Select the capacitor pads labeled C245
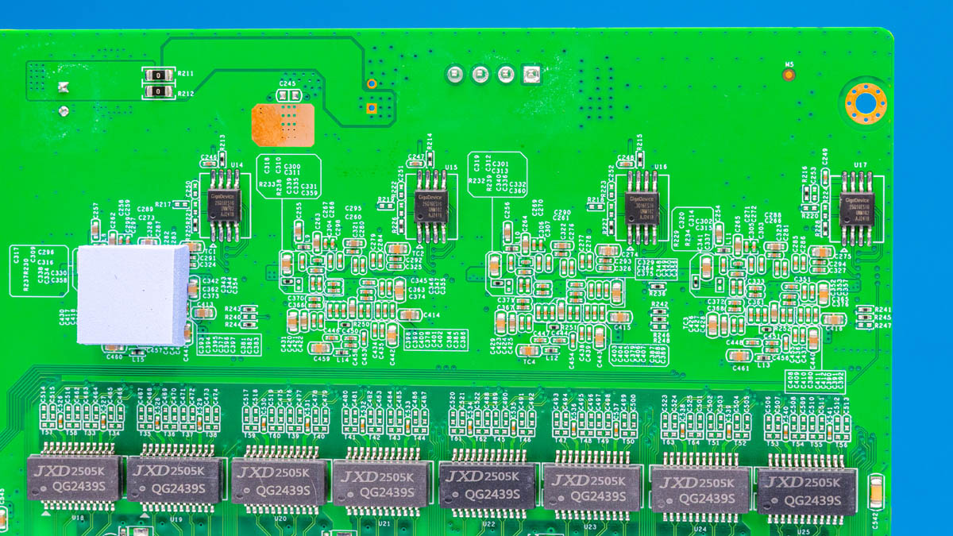[x=288, y=96]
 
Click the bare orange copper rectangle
[x=282, y=123]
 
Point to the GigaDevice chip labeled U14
[x=224, y=205]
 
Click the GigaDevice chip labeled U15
[x=431, y=205]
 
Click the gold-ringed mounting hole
[x=866, y=103]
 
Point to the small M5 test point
[x=789, y=75]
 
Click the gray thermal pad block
[x=133, y=294]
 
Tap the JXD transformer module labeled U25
[x=801, y=490]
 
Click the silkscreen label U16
[x=661, y=168]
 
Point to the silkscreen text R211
[x=186, y=74]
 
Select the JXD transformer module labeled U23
[x=592, y=487]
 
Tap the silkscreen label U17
[x=859, y=165]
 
